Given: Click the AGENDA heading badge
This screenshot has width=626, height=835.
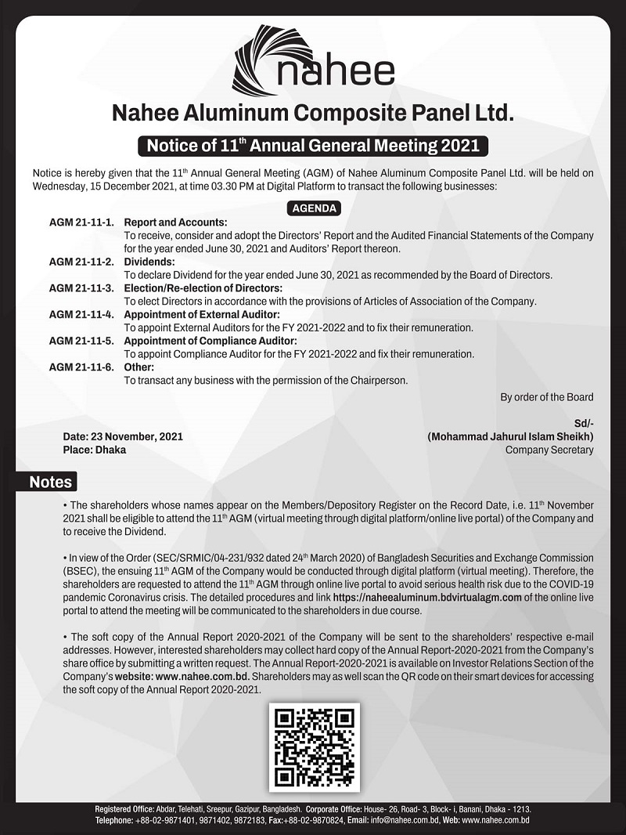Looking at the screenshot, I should coord(314,209).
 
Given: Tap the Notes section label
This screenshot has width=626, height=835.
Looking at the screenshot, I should coord(50,483).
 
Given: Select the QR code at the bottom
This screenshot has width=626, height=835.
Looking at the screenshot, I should coord(314,748).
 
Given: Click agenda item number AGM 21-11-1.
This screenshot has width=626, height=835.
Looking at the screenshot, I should coord(82,222).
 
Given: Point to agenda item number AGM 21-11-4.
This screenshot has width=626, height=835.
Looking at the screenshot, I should coord(82,315).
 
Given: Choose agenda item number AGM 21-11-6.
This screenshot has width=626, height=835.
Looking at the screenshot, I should coord(82,367).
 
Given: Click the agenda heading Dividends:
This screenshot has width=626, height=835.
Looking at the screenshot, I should coord(149,262).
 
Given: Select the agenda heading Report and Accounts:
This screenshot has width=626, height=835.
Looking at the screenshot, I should coord(175,222).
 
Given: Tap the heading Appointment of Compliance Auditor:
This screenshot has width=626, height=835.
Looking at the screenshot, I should coord(210,342).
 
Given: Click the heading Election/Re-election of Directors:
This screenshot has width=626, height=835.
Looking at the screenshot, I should coord(203,288).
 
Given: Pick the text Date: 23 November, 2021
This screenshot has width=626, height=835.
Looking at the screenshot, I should coord(123,436).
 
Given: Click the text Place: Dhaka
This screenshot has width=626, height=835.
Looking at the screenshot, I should coord(94,450).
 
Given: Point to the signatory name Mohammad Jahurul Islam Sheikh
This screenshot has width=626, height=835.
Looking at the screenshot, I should coord(510,436).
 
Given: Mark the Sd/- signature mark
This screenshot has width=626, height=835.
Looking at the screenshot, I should coord(583,423).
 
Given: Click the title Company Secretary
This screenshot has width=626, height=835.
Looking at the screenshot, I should coord(549,450).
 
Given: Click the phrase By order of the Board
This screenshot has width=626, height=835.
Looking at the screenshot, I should coord(546,397).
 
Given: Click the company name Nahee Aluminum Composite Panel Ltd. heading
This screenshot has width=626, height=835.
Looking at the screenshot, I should coord(313,114).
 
